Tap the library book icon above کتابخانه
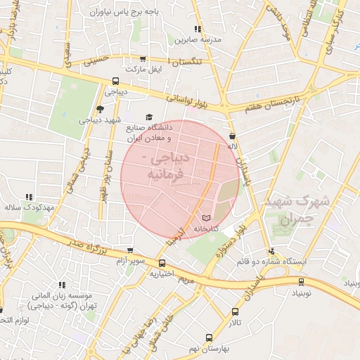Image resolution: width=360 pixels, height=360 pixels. [206, 218]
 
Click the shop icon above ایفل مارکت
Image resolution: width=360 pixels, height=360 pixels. [143, 60]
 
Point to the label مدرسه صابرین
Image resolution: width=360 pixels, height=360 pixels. [198, 40]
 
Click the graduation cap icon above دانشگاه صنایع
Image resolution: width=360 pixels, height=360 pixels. [148, 117]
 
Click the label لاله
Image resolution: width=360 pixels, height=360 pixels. [233, 148]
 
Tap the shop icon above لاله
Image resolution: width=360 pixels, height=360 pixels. [233, 136]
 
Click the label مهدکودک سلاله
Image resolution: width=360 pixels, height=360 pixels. [29, 208]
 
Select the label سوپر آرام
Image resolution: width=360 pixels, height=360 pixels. [130, 262]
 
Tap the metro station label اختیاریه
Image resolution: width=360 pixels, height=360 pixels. [162, 275]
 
